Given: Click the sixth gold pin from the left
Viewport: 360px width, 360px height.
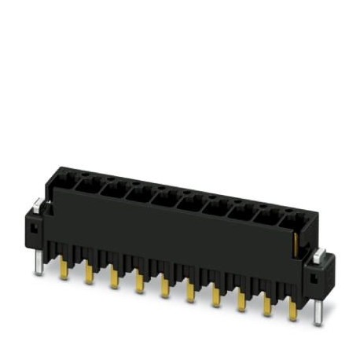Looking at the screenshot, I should pyautogui.click(x=189, y=291).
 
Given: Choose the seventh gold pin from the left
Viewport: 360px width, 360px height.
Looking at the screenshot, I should pyautogui.click(x=215, y=296).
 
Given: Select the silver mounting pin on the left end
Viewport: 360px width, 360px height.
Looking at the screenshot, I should pyautogui.click(x=38, y=264).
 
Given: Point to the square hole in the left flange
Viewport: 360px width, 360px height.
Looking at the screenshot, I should pyautogui.click(x=33, y=228).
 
